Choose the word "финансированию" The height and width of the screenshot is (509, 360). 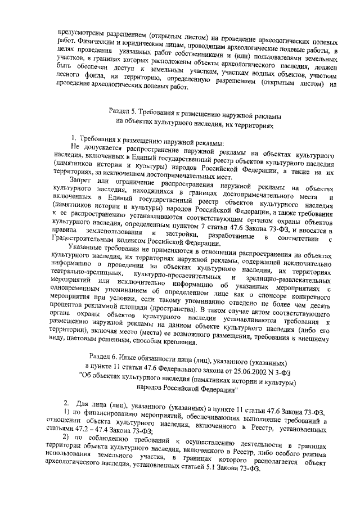107,413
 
